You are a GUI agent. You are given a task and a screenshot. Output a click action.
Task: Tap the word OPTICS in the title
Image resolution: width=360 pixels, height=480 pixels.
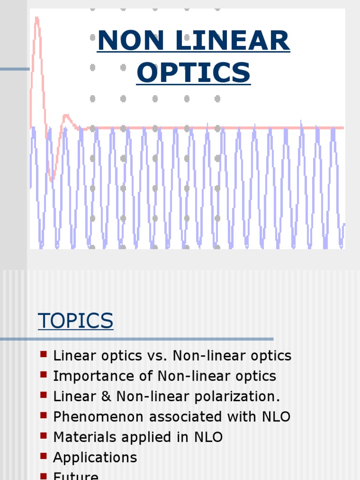tap(193, 73)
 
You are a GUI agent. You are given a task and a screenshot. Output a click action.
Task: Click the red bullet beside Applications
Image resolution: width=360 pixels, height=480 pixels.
tap(44, 456)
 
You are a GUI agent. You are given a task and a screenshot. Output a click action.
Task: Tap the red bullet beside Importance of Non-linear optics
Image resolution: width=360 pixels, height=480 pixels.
tap(44, 374)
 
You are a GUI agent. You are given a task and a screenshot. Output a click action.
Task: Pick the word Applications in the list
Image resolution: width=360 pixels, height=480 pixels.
tap(95, 457)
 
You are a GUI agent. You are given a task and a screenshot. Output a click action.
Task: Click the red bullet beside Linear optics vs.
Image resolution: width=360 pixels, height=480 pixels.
tap(44, 354)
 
